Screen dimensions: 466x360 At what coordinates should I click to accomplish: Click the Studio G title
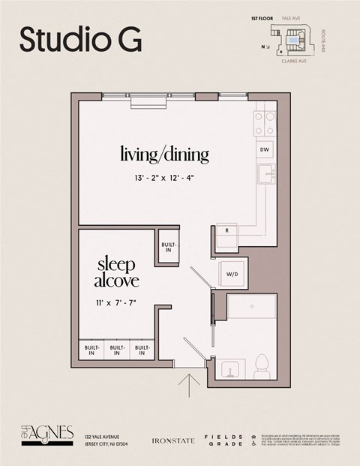point(80,40)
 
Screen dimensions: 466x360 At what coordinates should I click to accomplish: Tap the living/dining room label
point(165,155)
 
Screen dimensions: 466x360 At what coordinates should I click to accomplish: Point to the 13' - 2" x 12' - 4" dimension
point(165,179)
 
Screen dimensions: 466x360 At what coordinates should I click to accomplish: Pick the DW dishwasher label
point(265,150)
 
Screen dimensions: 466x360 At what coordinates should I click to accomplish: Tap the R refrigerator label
point(226,230)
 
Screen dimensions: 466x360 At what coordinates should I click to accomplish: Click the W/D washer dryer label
point(232,275)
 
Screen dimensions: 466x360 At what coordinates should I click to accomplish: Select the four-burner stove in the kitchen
point(265,122)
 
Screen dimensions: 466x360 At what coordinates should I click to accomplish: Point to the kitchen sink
point(265,175)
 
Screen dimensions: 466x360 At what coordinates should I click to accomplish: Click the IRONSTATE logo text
point(173,440)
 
